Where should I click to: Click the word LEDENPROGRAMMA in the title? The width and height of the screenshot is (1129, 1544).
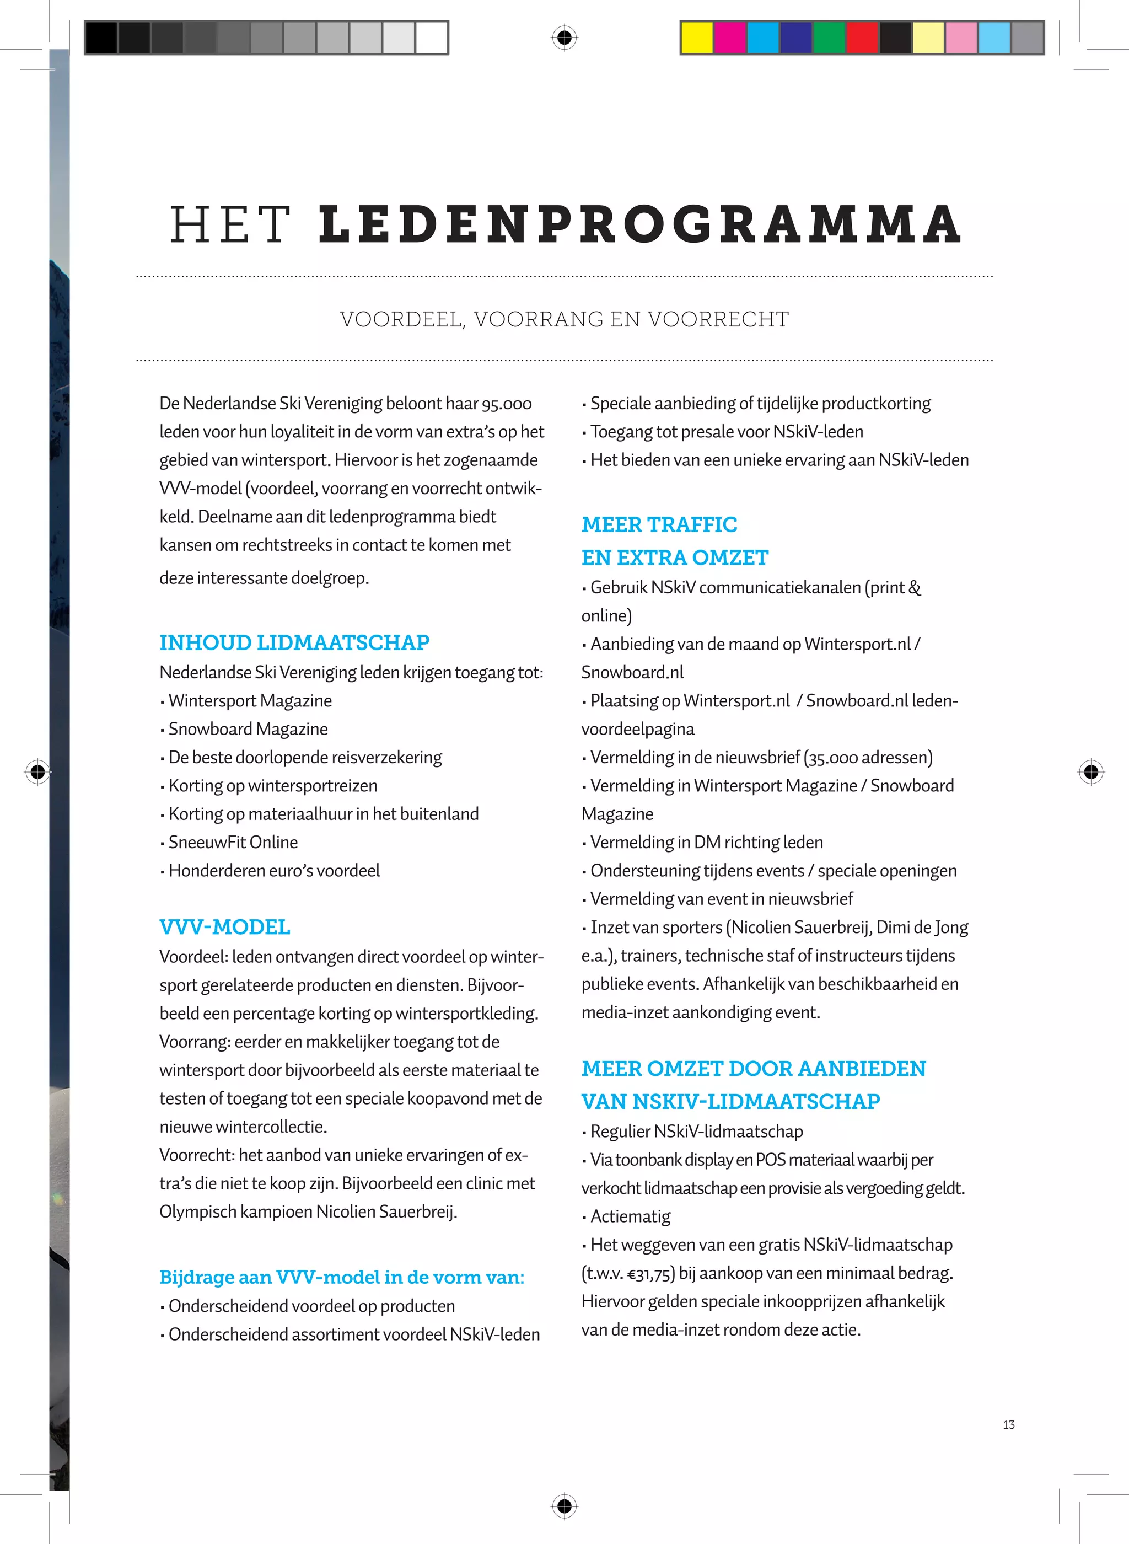pos(639,224)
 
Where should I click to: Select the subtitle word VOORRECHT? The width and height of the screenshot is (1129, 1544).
pos(718,319)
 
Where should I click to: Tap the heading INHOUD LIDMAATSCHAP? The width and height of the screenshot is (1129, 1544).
pos(294,642)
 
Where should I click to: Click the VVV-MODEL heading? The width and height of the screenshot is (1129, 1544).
pos(224,927)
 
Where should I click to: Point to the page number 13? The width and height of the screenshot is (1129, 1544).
pos(1008,1424)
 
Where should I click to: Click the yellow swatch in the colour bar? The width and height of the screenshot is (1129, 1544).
pos(697,37)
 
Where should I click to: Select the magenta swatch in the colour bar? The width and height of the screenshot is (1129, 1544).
pos(730,37)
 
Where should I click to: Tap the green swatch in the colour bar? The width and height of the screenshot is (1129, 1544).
pos(829,37)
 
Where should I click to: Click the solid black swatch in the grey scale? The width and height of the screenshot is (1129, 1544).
pos(101,37)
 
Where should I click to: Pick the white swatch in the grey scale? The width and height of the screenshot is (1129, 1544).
pos(431,37)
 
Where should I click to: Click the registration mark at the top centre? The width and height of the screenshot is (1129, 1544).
pos(564,37)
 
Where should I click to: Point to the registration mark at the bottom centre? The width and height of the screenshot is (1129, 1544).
pos(564,1506)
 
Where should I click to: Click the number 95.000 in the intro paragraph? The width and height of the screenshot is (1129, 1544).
pos(507,404)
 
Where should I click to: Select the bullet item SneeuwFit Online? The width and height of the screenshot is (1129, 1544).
pos(233,842)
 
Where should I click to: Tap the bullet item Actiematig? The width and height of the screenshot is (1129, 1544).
pos(630,1216)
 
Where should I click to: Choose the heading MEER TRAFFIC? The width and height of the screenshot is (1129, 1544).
pos(659,524)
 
